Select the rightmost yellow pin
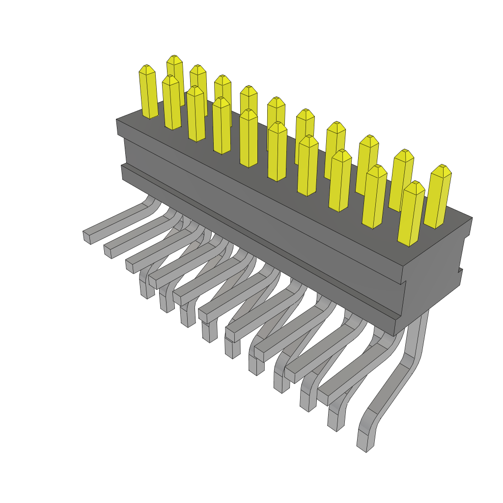click(x=438, y=196)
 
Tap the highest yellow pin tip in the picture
click(x=174, y=58)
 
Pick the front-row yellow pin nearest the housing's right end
click(x=411, y=214)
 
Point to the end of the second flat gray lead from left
click(x=108, y=251)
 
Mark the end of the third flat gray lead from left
click(x=130, y=266)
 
